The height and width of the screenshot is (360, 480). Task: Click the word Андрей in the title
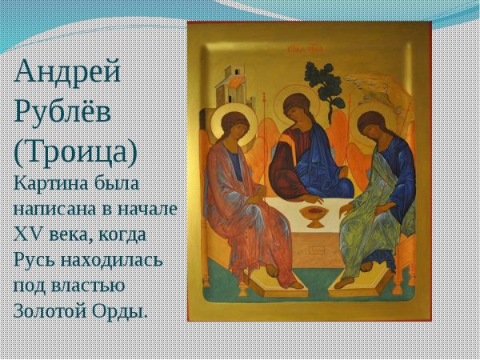coord(69,73)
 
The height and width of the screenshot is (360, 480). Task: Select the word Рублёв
coord(62,112)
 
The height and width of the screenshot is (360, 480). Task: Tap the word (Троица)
coord(76,151)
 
